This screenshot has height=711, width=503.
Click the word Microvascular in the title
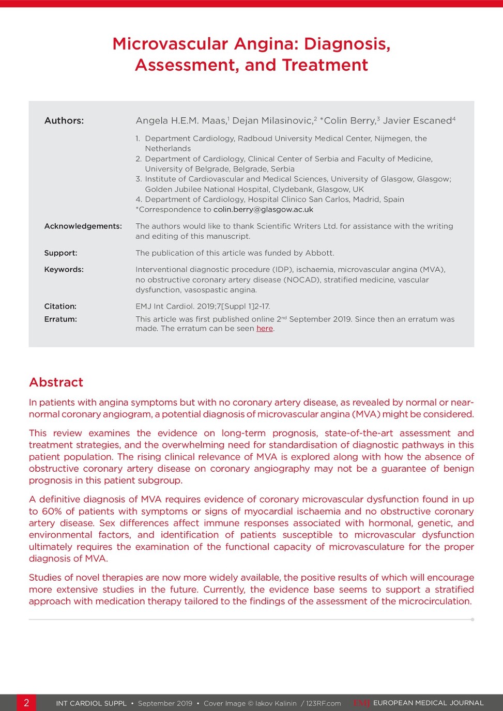(x=170, y=44)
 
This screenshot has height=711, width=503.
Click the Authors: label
(x=64, y=121)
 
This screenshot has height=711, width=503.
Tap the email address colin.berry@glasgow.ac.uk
(x=263, y=210)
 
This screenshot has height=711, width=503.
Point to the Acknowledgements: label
(x=83, y=226)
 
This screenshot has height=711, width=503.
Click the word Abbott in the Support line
(x=319, y=253)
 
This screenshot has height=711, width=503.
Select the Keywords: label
(x=64, y=270)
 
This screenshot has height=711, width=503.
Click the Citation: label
(x=60, y=306)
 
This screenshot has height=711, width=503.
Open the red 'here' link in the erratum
(x=265, y=329)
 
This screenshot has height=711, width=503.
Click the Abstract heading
(x=56, y=382)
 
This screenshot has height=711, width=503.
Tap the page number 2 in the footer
(x=26, y=703)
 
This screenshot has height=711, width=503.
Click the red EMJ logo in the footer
(x=362, y=703)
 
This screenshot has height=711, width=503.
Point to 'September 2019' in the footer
(x=165, y=703)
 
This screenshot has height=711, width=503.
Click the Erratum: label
(x=60, y=319)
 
